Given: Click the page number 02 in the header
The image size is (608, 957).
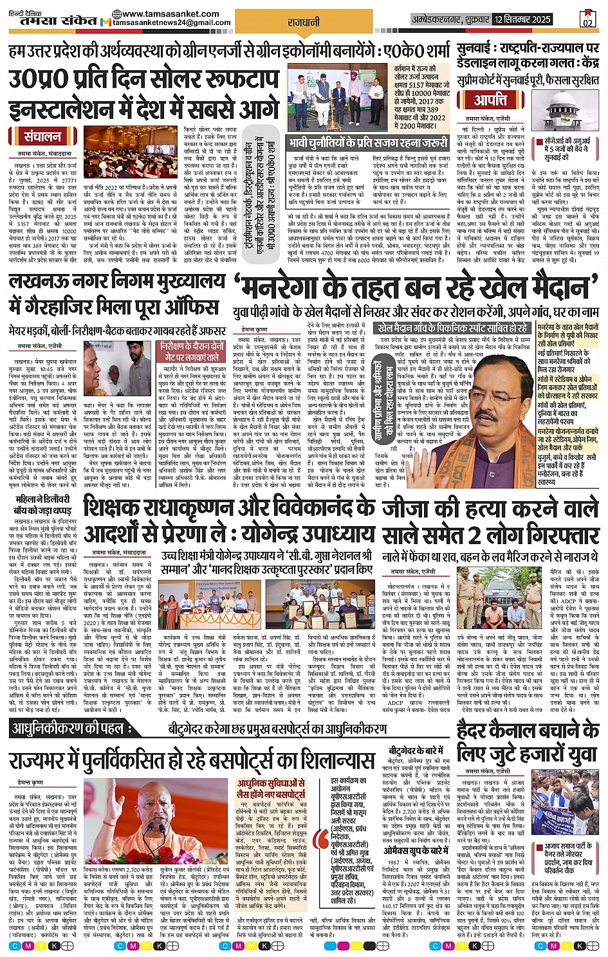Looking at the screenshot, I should point(587,21).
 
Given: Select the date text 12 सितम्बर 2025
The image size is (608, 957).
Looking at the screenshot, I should point(522,19).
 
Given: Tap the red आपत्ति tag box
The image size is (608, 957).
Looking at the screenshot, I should point(491,100).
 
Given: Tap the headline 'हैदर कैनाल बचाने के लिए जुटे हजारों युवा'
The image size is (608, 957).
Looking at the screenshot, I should point(528,742).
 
